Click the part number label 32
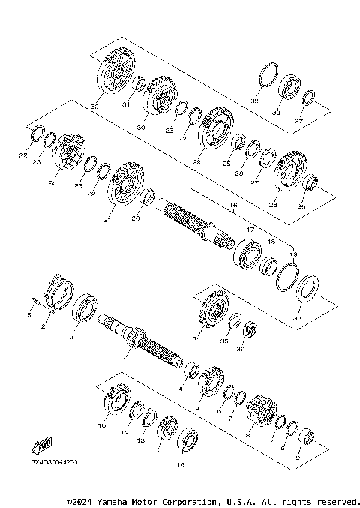tap(94, 107)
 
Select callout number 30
tap(140, 127)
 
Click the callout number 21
tap(107, 220)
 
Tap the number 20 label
tap(136, 218)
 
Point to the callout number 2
tap(44, 327)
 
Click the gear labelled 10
tap(115, 398)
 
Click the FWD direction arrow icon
tap(43, 443)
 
